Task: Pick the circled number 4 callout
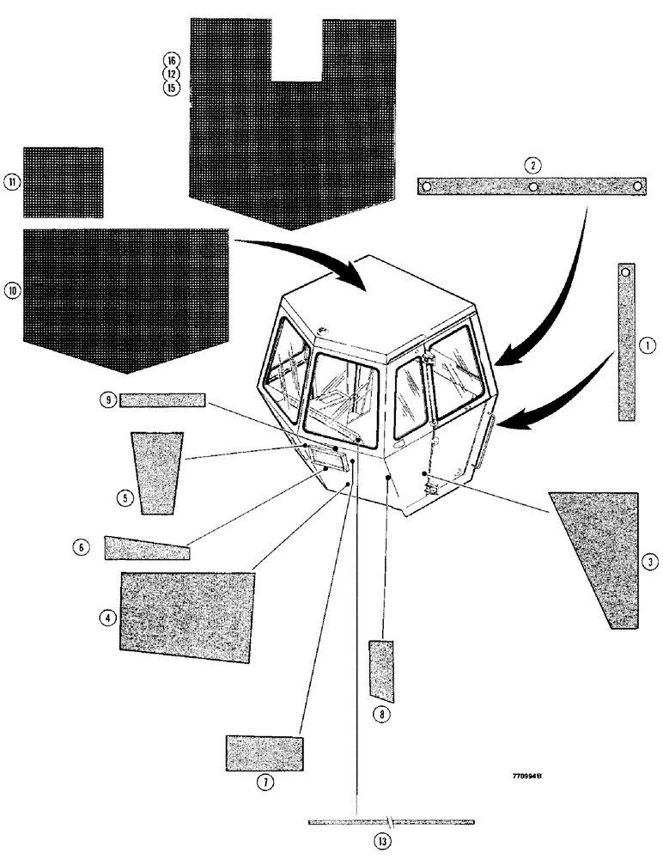[x=107, y=617]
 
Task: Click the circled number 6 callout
[x=81, y=546]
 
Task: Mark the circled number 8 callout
[x=379, y=713]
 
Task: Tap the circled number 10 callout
[x=13, y=290]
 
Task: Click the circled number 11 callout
[x=12, y=182]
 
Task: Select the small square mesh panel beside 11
[x=63, y=182]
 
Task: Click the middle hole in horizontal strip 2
[x=532, y=186]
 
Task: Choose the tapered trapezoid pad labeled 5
[x=156, y=472]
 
